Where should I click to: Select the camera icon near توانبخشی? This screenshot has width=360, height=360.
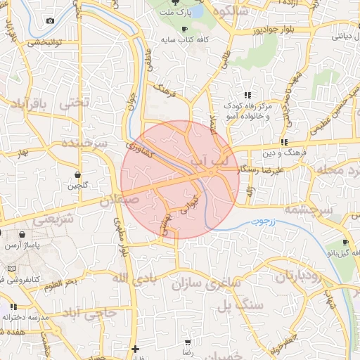(50, 20)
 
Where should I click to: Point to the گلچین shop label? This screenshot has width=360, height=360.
(77, 186)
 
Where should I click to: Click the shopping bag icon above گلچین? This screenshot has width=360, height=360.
(77, 174)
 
